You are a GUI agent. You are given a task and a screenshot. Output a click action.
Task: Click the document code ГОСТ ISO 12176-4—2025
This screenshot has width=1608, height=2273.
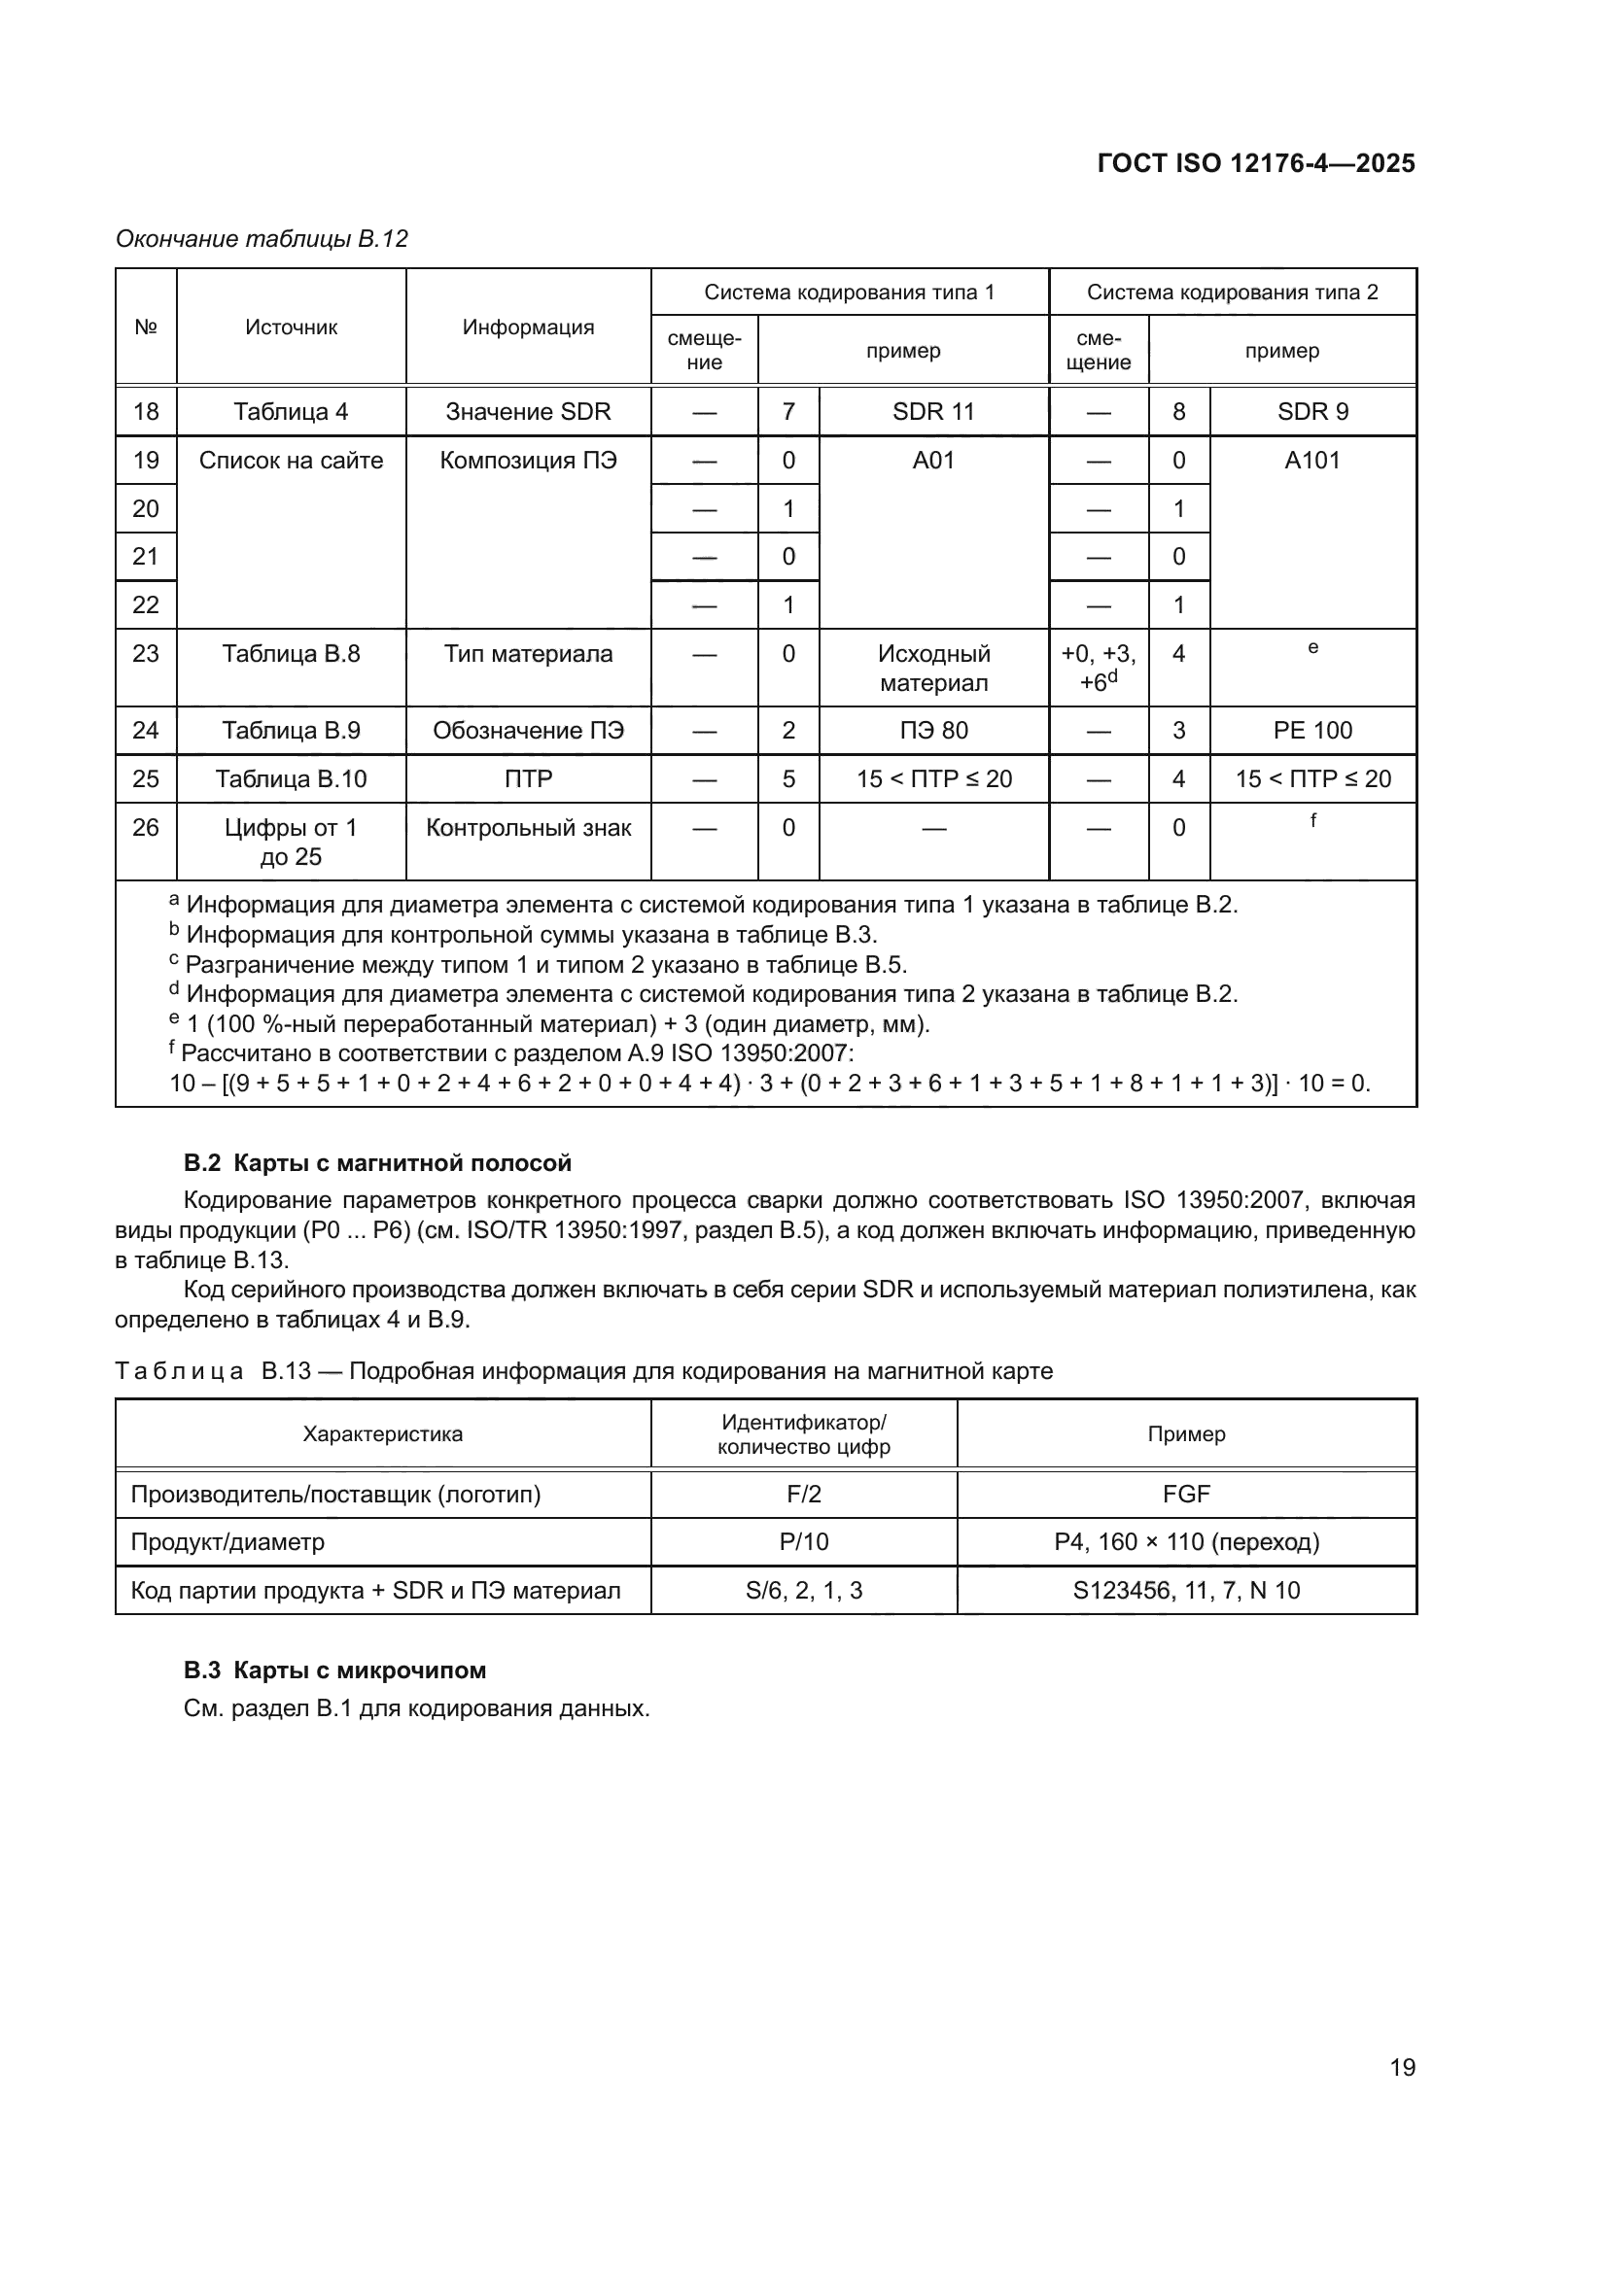pyautogui.click(x=1255, y=163)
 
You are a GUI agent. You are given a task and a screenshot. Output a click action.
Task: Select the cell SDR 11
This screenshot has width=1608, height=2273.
pyautogui.click(x=932, y=412)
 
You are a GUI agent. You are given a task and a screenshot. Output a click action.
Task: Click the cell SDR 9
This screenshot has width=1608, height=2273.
pyautogui.click(x=1311, y=412)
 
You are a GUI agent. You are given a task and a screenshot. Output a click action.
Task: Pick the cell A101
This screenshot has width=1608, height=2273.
pyautogui.click(x=1311, y=461)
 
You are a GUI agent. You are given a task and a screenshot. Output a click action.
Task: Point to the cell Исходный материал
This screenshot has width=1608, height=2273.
pyautogui.click(x=932, y=669)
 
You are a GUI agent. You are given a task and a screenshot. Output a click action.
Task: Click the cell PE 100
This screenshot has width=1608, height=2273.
pyautogui.click(x=1311, y=731)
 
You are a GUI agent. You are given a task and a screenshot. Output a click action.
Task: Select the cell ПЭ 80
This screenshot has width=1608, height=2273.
pyautogui.click(x=932, y=731)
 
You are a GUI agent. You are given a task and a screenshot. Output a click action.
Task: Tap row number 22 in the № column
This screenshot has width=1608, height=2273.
pyautogui.click(x=146, y=604)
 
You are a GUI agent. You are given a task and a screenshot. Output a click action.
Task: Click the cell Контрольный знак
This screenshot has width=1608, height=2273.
pyautogui.click(x=528, y=828)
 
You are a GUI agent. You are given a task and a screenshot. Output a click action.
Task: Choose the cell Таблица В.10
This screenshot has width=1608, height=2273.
pyautogui.click(x=291, y=779)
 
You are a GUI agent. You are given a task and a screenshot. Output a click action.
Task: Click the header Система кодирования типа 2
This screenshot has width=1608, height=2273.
pyautogui.click(x=1232, y=293)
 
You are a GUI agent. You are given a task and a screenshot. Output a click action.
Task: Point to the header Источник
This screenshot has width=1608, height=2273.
pyautogui.click(x=291, y=327)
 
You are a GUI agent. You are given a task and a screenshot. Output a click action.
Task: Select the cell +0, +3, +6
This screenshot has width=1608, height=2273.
pyautogui.click(x=1098, y=669)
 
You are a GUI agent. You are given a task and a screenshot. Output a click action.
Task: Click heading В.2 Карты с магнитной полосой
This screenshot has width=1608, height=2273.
pyautogui.click(x=377, y=1163)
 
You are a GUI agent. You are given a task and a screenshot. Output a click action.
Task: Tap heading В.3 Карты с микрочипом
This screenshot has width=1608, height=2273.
pyautogui.click(x=334, y=1670)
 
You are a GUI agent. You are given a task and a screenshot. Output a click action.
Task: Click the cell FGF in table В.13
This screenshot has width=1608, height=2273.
pyautogui.click(x=1186, y=1494)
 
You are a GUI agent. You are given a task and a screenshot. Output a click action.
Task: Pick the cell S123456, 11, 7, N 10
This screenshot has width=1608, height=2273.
pyautogui.click(x=1186, y=1591)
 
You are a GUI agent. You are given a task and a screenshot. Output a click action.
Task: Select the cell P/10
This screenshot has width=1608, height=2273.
pyautogui.click(x=803, y=1542)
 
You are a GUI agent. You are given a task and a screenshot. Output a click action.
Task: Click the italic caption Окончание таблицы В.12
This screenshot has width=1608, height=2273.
pyautogui.click(x=262, y=239)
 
